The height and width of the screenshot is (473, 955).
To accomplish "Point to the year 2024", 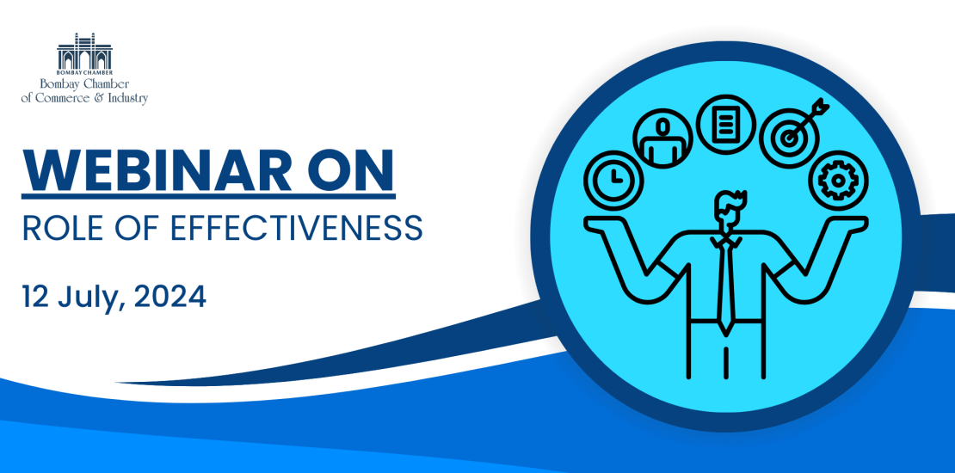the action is [x=169, y=296].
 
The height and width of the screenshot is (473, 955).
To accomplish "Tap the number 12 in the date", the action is [x=35, y=296].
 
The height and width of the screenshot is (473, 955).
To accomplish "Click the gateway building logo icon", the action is [x=84, y=51].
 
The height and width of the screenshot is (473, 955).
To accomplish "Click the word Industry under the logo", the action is [x=130, y=98].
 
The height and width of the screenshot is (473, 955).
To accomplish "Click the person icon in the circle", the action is [x=662, y=138].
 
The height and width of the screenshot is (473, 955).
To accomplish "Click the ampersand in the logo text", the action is [x=106, y=98].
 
